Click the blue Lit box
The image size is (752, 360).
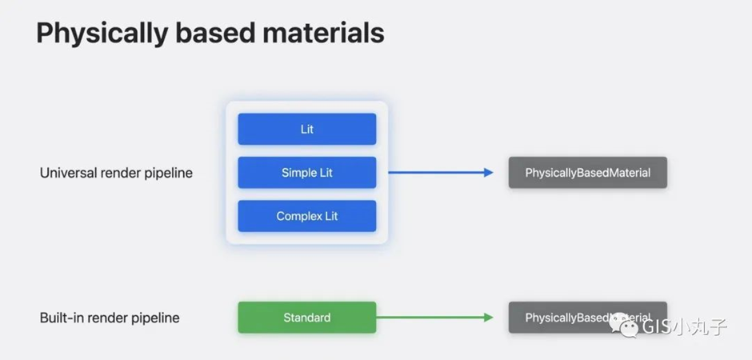coord(306,129)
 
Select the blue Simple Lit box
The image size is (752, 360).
coord(306,173)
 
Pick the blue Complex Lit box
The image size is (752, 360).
coord(306,216)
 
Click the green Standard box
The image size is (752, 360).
coord(306,318)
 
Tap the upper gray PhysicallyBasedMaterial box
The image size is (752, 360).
coord(587,173)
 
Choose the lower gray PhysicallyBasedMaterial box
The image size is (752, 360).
coord(587,318)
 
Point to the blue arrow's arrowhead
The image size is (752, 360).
coord(489,173)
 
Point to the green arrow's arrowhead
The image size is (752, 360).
coord(489,318)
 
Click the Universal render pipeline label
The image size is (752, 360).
coord(116,173)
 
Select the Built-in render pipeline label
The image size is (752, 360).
coord(110,318)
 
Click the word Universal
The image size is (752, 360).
coord(67,173)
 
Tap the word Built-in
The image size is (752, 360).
coord(61,318)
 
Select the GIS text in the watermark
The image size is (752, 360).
coord(654,328)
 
